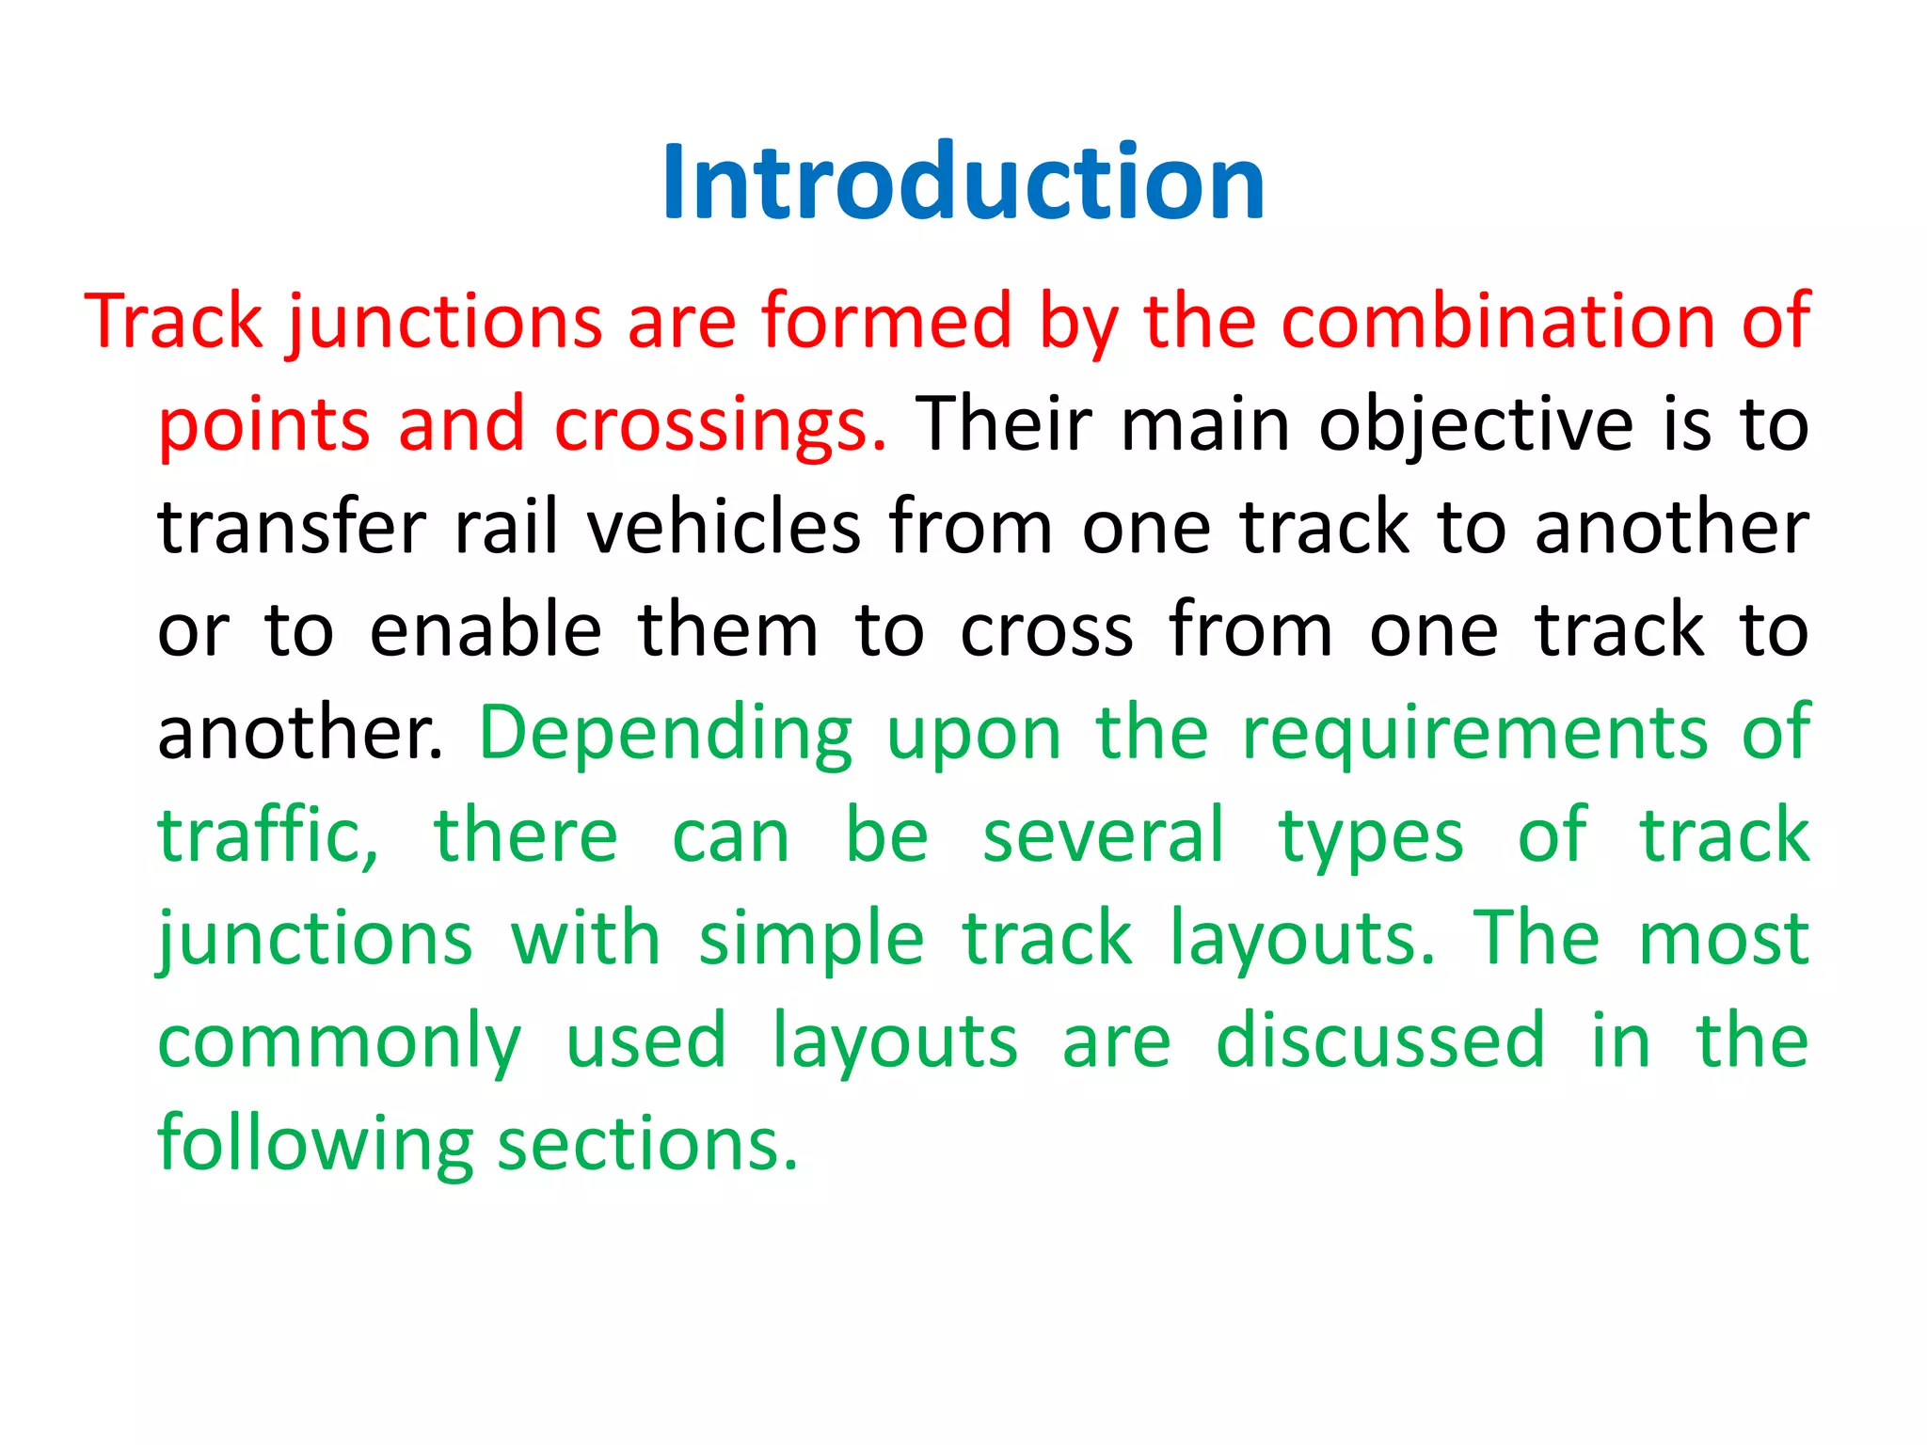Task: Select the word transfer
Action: pos(292,528)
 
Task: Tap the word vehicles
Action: pos(724,528)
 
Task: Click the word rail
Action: pos(507,528)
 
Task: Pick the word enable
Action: pos(486,630)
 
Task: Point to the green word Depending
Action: pos(666,734)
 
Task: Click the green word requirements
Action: pos(1474,734)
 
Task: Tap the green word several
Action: pos(1103,836)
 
